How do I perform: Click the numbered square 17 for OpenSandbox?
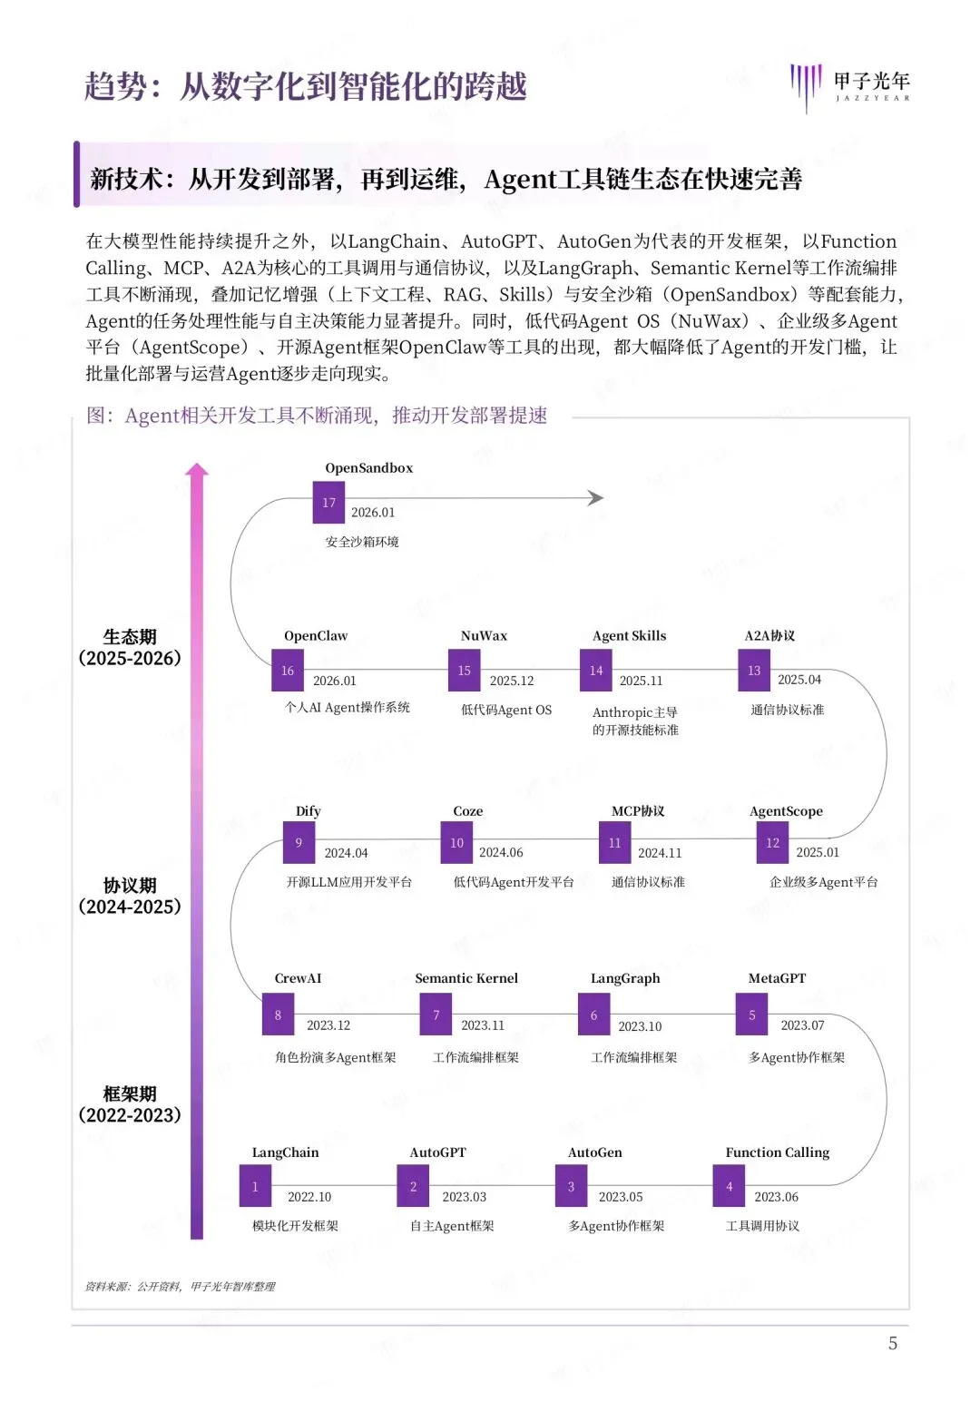coord(328,503)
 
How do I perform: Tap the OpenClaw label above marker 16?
coord(315,636)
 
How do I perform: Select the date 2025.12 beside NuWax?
coord(512,681)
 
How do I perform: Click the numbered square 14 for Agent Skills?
coord(596,671)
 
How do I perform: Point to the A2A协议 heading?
coord(769,636)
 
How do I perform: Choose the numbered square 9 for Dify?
coord(299,842)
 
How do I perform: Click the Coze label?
coord(468,811)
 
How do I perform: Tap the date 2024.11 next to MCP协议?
coord(660,853)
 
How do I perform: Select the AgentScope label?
coord(786,811)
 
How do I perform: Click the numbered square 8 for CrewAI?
coord(278,1015)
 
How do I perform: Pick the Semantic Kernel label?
coord(466,978)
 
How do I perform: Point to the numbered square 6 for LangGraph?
coord(594,1015)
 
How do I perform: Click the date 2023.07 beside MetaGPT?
coord(802,1025)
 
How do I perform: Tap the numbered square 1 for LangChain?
coord(255,1187)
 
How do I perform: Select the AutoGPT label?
coord(437,1152)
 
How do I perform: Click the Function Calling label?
coord(777,1152)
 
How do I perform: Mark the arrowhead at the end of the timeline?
coord(595,497)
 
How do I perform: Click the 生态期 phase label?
coord(130,637)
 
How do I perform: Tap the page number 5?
coord(893,1343)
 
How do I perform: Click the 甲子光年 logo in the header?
coord(850,86)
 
